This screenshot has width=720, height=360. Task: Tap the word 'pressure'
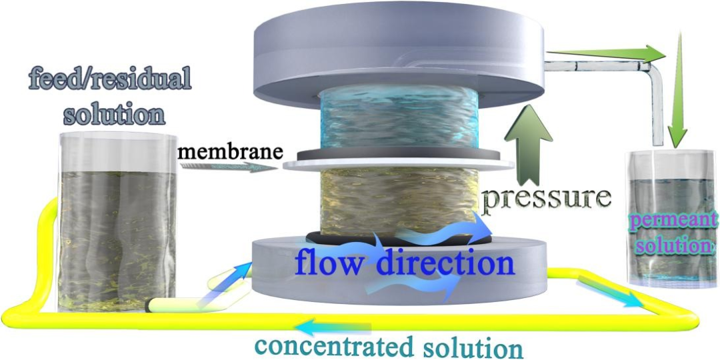click(547, 198)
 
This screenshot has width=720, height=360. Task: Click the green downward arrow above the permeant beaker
click(677, 93)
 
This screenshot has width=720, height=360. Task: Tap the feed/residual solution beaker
click(117, 227)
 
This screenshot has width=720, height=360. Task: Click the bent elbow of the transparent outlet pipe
click(653, 67)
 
